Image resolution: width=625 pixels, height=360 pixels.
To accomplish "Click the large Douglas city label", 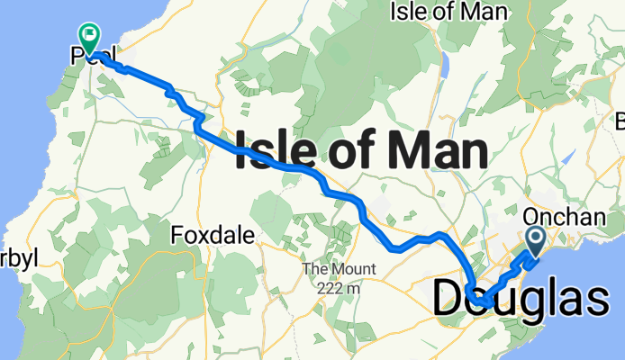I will pos(521,299).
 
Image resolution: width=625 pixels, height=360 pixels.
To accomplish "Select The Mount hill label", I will pos(338,270).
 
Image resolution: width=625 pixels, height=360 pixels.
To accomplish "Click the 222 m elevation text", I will pos(338,288).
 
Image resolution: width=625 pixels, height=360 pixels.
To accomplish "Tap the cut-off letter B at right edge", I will pos(620,120).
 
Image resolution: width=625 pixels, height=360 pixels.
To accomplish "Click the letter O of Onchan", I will pos(530,217).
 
